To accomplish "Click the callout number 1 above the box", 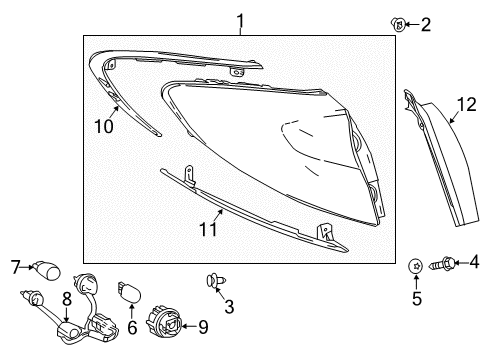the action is (x=240, y=21).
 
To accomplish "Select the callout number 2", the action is (x=426, y=25).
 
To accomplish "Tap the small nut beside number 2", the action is (x=398, y=24).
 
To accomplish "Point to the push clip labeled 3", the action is (x=215, y=281).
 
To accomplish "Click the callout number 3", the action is (x=229, y=306).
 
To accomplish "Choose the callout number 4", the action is (x=474, y=262).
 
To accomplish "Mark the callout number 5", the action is (x=417, y=298).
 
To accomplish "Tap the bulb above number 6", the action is (x=129, y=292).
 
